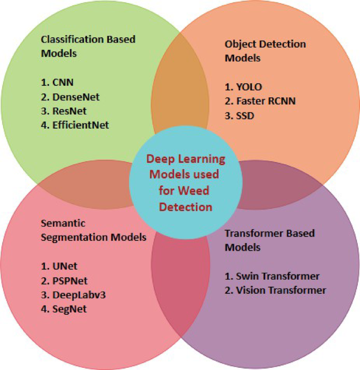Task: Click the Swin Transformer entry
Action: click(272, 276)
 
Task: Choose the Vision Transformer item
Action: click(275, 291)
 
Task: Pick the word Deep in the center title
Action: click(162, 161)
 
